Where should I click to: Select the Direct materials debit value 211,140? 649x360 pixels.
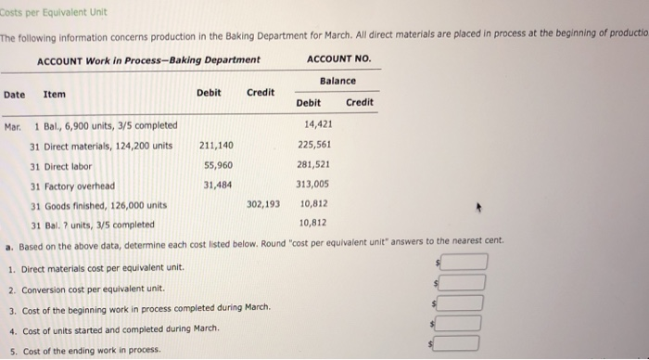coord(215,146)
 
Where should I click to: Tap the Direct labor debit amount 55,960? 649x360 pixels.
coord(218,165)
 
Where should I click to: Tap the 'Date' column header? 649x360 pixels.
coord(14,94)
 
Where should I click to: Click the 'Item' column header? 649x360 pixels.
coord(54,94)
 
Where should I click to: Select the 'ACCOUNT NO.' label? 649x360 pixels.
coord(337,60)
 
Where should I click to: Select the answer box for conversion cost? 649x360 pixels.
coord(463,280)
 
